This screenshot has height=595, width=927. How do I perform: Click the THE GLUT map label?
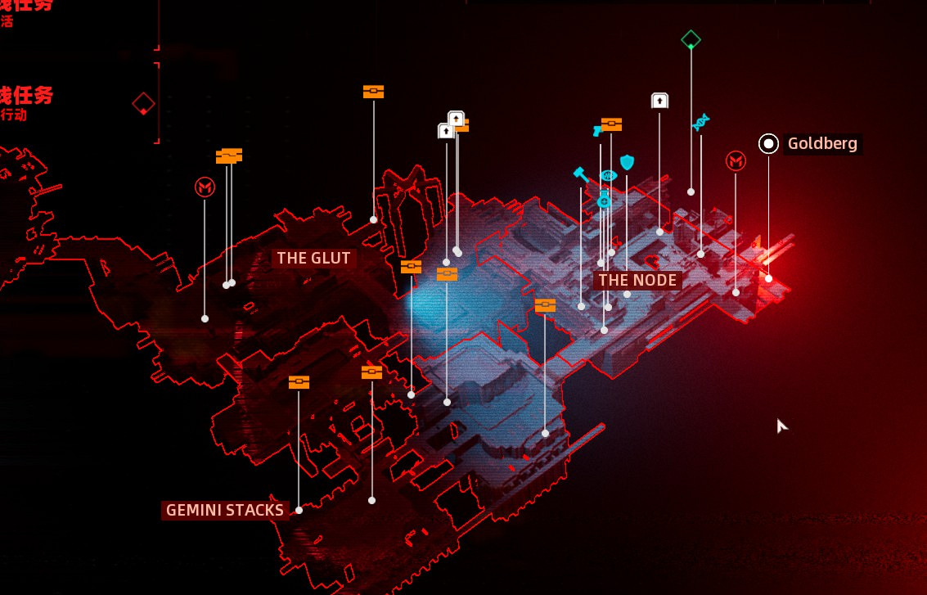[313, 259]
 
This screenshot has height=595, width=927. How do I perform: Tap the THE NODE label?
[637, 281]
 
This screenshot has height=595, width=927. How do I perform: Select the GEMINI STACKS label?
[225, 511]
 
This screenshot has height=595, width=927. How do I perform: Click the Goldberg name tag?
[822, 144]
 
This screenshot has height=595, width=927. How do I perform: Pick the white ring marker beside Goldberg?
[768, 144]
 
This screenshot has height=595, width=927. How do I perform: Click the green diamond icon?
[691, 39]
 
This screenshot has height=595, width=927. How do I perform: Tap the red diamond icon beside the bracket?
[144, 104]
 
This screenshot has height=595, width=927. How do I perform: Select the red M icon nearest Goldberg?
[736, 161]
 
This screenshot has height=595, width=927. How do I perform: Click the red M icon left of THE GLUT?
[205, 188]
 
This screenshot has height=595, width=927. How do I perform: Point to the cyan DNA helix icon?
[700, 123]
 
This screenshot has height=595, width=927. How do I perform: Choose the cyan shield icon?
[627, 162]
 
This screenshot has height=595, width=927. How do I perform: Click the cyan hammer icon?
[581, 174]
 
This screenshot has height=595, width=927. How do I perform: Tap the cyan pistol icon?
[597, 130]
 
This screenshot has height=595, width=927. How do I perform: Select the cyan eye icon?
[608, 176]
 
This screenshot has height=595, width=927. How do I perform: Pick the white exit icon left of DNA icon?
[659, 101]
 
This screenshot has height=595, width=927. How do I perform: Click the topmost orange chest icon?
[373, 92]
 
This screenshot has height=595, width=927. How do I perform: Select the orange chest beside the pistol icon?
[612, 124]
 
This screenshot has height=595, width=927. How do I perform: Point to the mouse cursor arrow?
[781, 424]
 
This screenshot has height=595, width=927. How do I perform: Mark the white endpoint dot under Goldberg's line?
[768, 279]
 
